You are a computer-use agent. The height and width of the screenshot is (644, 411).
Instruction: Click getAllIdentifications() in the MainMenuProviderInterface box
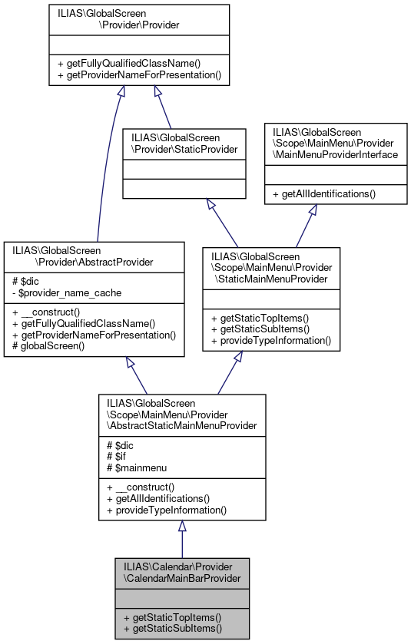[x=329, y=193]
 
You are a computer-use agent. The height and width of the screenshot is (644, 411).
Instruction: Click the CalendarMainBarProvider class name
[x=181, y=571]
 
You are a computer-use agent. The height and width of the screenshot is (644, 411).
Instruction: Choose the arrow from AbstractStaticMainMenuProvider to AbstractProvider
[x=138, y=375]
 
